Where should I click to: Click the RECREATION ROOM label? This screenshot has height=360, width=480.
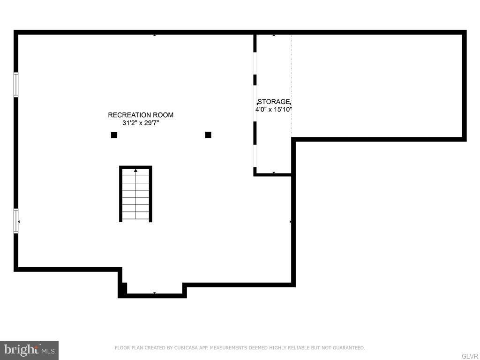[x=141, y=115]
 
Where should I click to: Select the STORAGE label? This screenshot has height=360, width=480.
[x=274, y=102]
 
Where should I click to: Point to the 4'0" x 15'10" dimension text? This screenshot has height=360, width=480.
[x=274, y=109]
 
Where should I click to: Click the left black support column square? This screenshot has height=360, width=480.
[x=114, y=135]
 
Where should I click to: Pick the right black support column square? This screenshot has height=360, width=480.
[x=208, y=135]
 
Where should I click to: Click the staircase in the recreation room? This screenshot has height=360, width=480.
[x=135, y=194]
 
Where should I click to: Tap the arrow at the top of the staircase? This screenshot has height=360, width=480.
[x=135, y=170]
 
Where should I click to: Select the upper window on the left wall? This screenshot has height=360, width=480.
[x=16, y=85]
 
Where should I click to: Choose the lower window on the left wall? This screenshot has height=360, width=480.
[x=16, y=221]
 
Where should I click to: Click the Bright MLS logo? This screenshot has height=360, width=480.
[x=29, y=350]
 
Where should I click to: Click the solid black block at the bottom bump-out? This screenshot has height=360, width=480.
[x=122, y=289]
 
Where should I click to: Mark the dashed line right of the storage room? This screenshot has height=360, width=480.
[x=292, y=84]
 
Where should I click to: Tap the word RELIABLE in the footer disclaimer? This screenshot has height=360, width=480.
[x=290, y=348]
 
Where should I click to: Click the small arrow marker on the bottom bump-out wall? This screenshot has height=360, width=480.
[x=154, y=293]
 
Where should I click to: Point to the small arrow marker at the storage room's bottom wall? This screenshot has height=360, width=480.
[x=274, y=173]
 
